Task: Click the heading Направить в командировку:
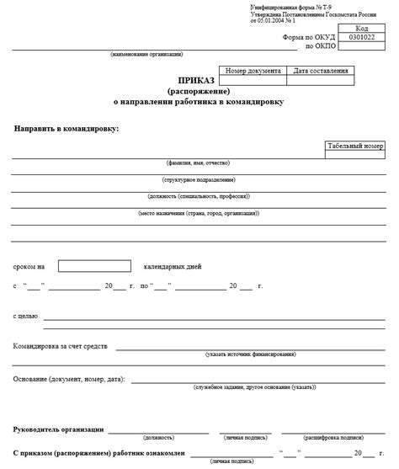pos(66,128)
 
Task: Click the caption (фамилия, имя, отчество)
pos(199,163)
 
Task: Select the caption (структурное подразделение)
pos(199,180)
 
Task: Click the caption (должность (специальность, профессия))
pos(199,197)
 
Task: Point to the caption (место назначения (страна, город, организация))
pos(199,214)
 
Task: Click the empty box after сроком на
pos(94,266)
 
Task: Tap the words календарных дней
pos(173,267)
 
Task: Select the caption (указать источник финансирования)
pos(250,354)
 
